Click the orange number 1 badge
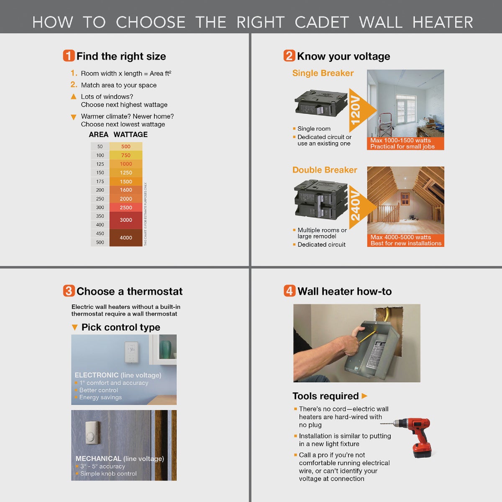pos(69,56)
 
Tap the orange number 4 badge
pos(289,291)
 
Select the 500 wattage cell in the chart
pos(125,146)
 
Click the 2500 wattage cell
pos(125,207)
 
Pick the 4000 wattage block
pos(125,238)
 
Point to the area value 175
pos(100,182)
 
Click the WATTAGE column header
pos(131,135)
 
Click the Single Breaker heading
pos(323,73)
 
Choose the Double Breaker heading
pos(325,170)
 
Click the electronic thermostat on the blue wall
pos(131,352)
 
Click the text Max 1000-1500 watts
pos(400,141)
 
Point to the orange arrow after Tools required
pos(364,396)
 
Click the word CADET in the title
pos(321,22)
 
